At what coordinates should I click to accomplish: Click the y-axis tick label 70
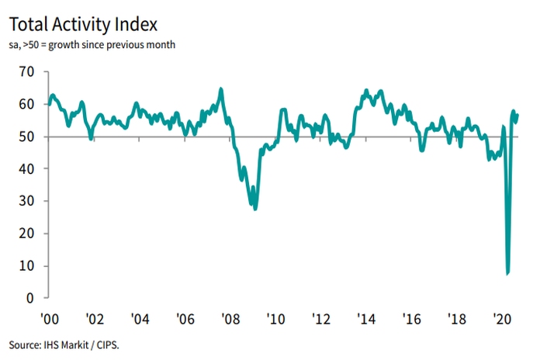pyautogui.click(x=29, y=71)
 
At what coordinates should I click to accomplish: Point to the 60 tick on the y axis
pyautogui.click(x=29, y=104)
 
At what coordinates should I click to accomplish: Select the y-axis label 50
pyautogui.click(x=29, y=137)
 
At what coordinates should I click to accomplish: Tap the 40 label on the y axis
pyautogui.click(x=29, y=168)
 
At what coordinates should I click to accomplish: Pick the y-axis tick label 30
pyautogui.click(x=29, y=201)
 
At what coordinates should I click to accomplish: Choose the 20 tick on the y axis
pyautogui.click(x=29, y=234)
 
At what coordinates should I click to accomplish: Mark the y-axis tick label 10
pyautogui.click(x=29, y=266)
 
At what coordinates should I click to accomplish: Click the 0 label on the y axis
pyautogui.click(x=32, y=298)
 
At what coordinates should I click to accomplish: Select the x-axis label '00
pyautogui.click(x=49, y=318)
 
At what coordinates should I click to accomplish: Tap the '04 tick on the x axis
pyautogui.click(x=140, y=318)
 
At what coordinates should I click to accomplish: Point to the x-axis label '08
pyautogui.click(x=230, y=318)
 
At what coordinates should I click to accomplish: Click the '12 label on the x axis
pyautogui.click(x=320, y=318)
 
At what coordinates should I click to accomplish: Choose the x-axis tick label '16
pyautogui.click(x=411, y=318)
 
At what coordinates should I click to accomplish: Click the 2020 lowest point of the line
pyautogui.click(x=507, y=273)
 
